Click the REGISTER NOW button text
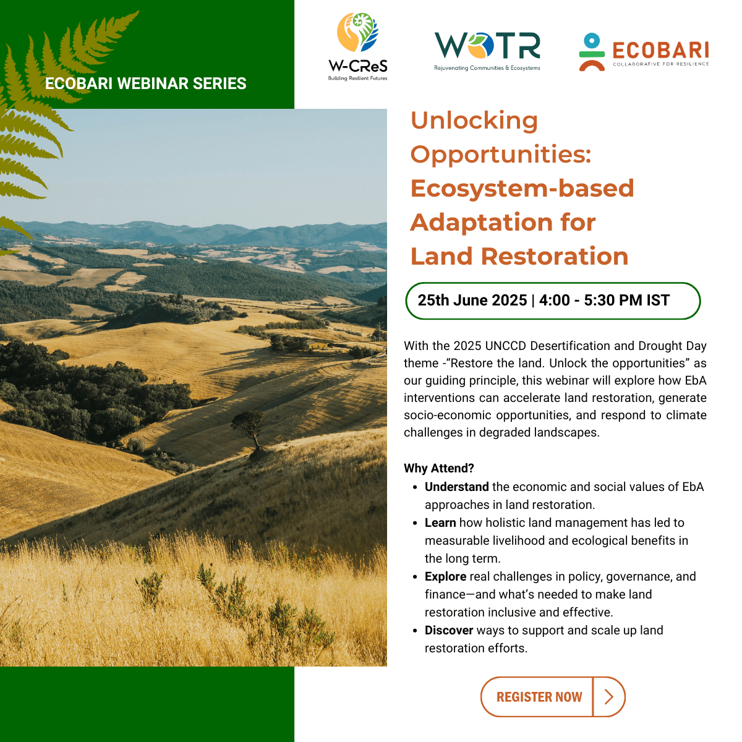[x=539, y=697]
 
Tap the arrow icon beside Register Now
[x=609, y=697]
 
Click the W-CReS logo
[x=358, y=46]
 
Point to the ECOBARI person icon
[x=592, y=52]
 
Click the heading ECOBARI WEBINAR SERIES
[x=145, y=83]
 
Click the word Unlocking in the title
[x=474, y=121]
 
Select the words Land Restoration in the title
[x=519, y=257]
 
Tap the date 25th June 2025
[x=472, y=301]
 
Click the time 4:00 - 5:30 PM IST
[x=604, y=301]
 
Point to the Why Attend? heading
[x=438, y=468]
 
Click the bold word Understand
[x=457, y=487]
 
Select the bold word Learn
[x=440, y=522]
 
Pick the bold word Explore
[x=445, y=576]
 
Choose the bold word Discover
[x=448, y=630]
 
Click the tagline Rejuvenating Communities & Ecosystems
[x=487, y=68]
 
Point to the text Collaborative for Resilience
[x=661, y=64]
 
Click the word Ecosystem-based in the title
[x=522, y=189]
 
